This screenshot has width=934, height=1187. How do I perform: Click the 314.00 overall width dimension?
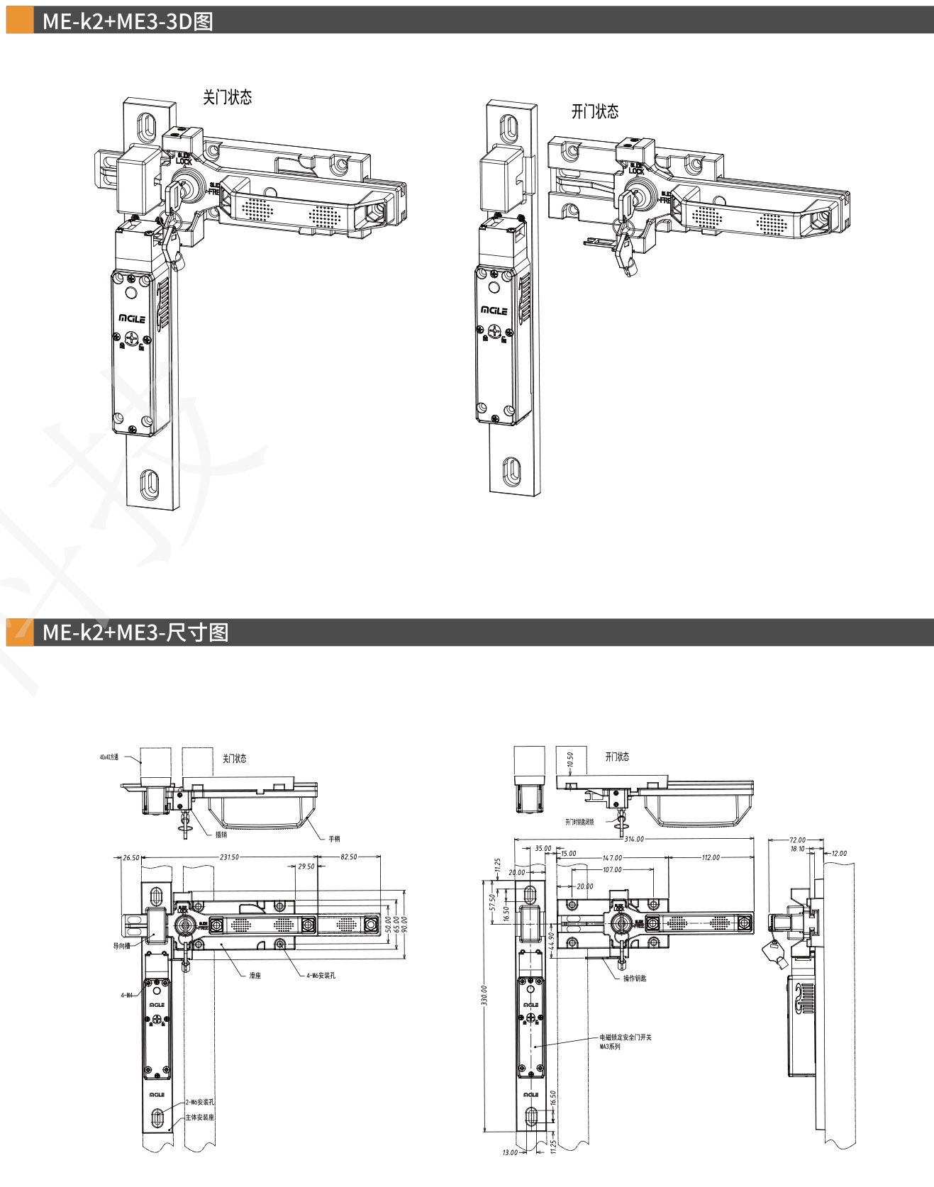tap(633, 839)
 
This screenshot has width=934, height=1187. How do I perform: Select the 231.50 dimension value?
tap(229, 857)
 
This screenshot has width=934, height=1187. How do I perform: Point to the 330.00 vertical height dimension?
tap(484, 994)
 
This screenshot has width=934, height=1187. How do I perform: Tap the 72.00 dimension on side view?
tap(797, 840)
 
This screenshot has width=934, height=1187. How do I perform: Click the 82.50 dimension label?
tap(349, 857)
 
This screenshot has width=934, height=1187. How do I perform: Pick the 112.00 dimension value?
tap(711, 857)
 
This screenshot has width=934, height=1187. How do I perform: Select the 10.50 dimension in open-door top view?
tap(570, 760)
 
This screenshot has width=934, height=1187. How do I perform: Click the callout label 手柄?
tap(334, 839)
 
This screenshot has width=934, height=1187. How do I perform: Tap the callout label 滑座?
tap(255, 976)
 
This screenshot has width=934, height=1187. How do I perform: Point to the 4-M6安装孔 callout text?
tap(321, 976)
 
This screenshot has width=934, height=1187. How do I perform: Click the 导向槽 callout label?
tap(121, 946)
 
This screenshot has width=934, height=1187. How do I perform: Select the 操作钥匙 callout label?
tap(635, 978)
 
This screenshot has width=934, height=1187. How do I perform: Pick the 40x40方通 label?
tap(109, 757)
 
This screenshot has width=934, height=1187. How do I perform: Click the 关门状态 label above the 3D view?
tap(227, 97)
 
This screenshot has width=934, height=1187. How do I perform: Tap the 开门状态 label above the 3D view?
tap(594, 111)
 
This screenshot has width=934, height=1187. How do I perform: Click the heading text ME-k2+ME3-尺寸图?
tap(135, 632)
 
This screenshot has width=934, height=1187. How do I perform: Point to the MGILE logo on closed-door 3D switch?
tap(132, 319)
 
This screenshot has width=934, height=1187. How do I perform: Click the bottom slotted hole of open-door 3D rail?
tap(510, 471)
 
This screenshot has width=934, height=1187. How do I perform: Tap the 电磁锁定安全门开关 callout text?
tap(626, 1037)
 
